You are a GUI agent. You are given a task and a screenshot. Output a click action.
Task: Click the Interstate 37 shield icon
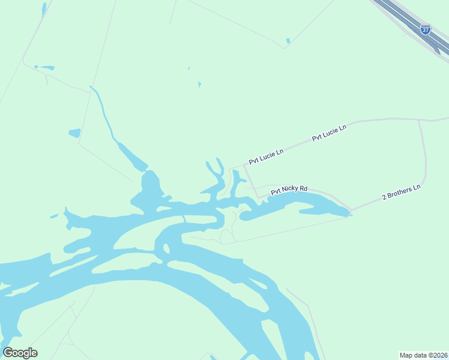(425, 29)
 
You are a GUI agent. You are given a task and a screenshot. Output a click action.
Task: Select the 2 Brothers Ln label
(402, 193)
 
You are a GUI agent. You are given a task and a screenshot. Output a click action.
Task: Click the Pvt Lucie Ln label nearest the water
(266, 157)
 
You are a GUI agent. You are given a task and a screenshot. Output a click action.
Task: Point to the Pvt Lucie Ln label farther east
(329, 134)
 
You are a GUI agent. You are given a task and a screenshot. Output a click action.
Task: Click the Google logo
(20, 353)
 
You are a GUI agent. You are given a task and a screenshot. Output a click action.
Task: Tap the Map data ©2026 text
(423, 355)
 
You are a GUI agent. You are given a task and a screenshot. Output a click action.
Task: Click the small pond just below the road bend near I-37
(288, 41)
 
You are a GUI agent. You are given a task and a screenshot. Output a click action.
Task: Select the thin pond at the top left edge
(44, 9)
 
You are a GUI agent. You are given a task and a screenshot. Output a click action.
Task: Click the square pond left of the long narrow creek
(74, 133)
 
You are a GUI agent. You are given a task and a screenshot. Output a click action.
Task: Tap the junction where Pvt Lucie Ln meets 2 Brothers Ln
(419, 120)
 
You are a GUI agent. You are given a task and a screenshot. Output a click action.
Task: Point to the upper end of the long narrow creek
(91, 88)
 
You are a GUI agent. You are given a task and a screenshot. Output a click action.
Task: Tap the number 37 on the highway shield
(425, 30)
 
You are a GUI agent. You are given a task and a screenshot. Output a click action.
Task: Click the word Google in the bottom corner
(20, 353)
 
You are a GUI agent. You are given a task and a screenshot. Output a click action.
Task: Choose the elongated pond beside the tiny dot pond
(45, 67)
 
